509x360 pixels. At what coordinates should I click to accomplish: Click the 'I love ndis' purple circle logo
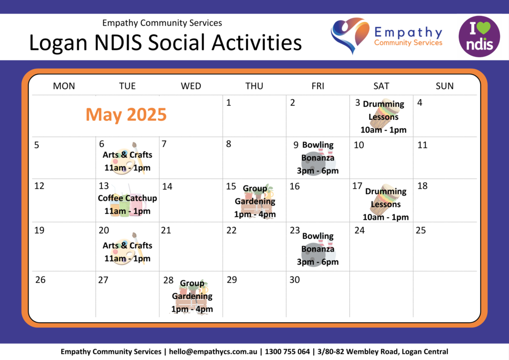tap(479, 36)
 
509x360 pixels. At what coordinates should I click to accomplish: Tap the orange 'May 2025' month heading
tap(126, 114)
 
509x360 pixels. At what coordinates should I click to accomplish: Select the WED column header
tap(191, 86)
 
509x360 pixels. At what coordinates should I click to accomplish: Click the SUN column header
tap(444, 86)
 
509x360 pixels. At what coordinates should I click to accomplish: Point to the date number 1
tap(229, 103)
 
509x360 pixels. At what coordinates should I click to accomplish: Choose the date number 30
tap(294, 280)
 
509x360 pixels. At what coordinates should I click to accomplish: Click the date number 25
tap(421, 231)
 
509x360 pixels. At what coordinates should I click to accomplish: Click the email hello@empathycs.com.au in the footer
tap(213, 352)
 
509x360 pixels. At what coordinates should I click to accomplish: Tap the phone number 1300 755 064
tap(287, 352)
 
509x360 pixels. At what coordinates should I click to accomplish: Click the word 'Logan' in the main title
tap(59, 43)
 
